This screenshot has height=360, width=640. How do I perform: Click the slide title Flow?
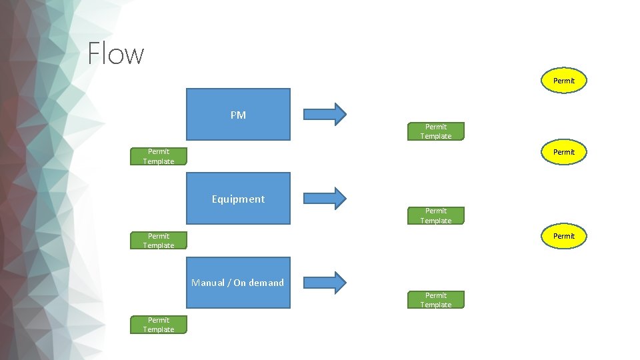pos(116,53)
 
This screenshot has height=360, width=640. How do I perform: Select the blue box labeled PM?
pos(238,115)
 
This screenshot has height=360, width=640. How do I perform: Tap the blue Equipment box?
pos(238,199)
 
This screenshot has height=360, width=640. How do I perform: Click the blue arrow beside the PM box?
pos(325,114)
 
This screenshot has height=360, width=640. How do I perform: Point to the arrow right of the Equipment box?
pos(325,198)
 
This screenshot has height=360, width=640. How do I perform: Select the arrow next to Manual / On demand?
pos(325,283)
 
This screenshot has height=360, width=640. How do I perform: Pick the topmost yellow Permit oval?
pos(563,81)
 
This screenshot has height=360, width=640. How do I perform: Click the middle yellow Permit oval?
pos(563,152)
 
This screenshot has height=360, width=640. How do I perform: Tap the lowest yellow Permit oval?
pos(563,236)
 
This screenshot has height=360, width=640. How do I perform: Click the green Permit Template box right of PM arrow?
pos(436,131)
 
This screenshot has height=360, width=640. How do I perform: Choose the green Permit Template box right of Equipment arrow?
pos(436,215)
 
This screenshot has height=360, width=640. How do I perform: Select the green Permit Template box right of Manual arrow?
pos(436,300)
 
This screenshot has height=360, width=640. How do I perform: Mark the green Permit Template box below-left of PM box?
pos(159,156)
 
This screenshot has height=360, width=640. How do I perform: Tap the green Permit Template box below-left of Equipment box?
pos(159,241)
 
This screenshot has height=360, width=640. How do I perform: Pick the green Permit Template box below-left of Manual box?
pos(159,325)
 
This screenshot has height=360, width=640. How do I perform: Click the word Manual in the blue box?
pos(207,283)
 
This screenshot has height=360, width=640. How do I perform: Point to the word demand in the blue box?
pos(267,283)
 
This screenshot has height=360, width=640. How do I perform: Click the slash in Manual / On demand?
pos(229,283)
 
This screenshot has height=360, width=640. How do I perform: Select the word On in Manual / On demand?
pos(239,283)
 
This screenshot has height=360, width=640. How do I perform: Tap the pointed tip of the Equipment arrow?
pos(345,198)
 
